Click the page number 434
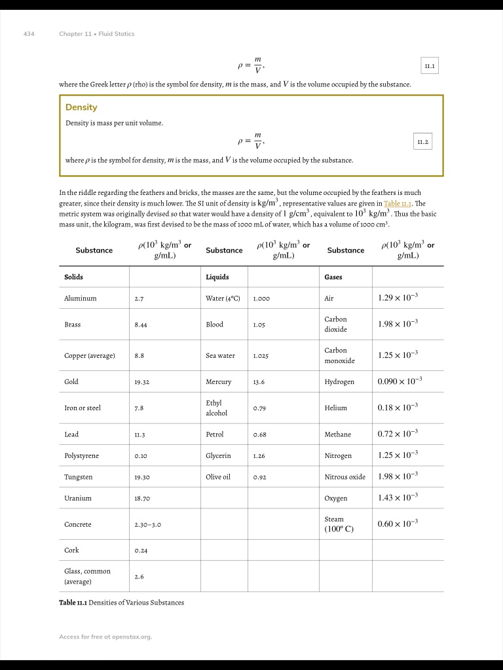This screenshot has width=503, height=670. click(29, 34)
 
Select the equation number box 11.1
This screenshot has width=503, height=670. click(430, 66)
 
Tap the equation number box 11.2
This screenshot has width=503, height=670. click(423, 141)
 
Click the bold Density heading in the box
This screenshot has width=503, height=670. click(81, 107)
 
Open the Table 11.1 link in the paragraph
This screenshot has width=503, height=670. click(399, 203)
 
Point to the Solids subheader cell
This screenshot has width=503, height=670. click(74, 277)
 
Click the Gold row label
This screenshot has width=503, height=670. click(71, 381)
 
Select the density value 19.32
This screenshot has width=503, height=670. click(142, 381)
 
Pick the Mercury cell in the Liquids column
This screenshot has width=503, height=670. click(218, 381)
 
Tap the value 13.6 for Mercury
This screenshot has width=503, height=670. click(259, 381)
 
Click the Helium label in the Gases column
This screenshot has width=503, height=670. click(336, 408)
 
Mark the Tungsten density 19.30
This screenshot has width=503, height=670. click(142, 477)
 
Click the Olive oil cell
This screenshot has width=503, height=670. click(218, 477)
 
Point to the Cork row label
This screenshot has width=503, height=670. click(71, 550)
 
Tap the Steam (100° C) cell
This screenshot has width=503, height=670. click(339, 523)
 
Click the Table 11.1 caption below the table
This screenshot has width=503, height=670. click(121, 603)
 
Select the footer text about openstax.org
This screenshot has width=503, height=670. click(105, 637)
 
